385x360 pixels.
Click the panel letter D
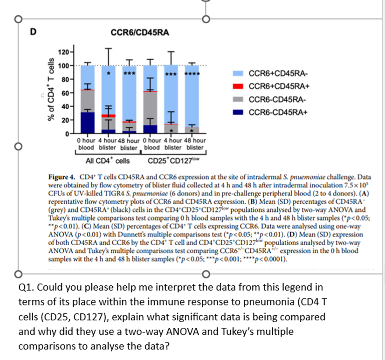coord(33,32)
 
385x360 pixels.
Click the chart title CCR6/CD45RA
coord(140,32)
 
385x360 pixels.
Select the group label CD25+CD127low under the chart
coord(173,161)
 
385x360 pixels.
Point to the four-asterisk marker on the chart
coord(191,74)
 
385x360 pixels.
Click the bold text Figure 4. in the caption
coord(62,178)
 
